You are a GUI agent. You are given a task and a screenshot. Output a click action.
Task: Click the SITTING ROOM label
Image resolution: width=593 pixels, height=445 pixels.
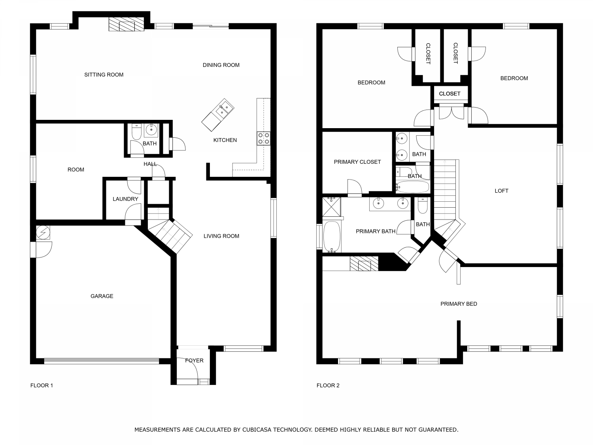click(x=104, y=75)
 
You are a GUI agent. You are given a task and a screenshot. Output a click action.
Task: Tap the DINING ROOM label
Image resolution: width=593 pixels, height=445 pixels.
click(x=221, y=65)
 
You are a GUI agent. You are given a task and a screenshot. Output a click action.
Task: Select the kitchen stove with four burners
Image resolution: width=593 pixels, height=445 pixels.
click(x=263, y=138)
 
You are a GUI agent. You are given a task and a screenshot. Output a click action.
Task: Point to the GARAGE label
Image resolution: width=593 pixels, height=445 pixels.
click(x=102, y=296)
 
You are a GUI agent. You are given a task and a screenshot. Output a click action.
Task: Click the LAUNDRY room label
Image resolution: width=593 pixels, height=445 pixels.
click(x=125, y=199)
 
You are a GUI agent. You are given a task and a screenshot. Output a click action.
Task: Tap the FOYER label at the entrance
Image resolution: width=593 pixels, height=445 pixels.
click(x=194, y=360)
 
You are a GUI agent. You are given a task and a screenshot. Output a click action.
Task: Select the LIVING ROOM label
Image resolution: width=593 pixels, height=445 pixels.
click(x=221, y=236)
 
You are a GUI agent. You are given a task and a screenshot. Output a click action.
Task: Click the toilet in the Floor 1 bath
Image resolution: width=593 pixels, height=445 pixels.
click(x=136, y=132)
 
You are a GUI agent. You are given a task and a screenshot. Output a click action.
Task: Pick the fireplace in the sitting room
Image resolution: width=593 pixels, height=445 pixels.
click(x=127, y=25)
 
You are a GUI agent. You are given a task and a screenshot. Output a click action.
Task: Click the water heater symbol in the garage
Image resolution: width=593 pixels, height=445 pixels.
click(x=43, y=233)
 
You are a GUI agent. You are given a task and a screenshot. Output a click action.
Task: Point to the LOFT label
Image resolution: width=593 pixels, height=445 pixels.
click(x=501, y=191)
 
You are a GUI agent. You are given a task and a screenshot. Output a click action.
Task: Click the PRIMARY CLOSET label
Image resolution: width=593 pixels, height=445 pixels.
click(x=357, y=162)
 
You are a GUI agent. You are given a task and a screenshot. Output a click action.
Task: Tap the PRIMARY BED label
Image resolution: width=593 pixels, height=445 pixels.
click(x=459, y=304)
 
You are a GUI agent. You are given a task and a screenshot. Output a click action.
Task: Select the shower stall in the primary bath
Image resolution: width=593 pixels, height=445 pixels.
click(x=331, y=207)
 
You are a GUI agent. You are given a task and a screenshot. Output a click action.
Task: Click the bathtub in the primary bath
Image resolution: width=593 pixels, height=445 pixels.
click(x=332, y=237)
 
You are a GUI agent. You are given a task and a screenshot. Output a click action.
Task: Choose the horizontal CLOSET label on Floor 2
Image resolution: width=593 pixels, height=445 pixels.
click(x=449, y=94)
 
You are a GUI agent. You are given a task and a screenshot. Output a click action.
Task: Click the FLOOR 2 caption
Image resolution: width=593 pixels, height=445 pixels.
click(x=328, y=386)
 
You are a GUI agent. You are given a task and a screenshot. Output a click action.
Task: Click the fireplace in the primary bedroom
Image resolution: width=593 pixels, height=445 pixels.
click(x=364, y=263)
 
